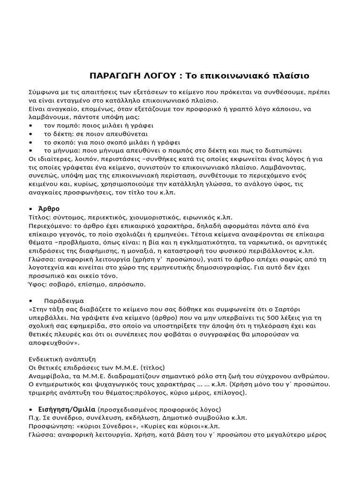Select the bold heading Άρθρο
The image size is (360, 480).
coord(52,209)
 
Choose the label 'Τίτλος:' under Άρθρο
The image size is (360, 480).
coord(39,217)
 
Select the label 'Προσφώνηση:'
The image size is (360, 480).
coord(51,426)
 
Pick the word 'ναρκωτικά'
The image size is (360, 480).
coord(280,242)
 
